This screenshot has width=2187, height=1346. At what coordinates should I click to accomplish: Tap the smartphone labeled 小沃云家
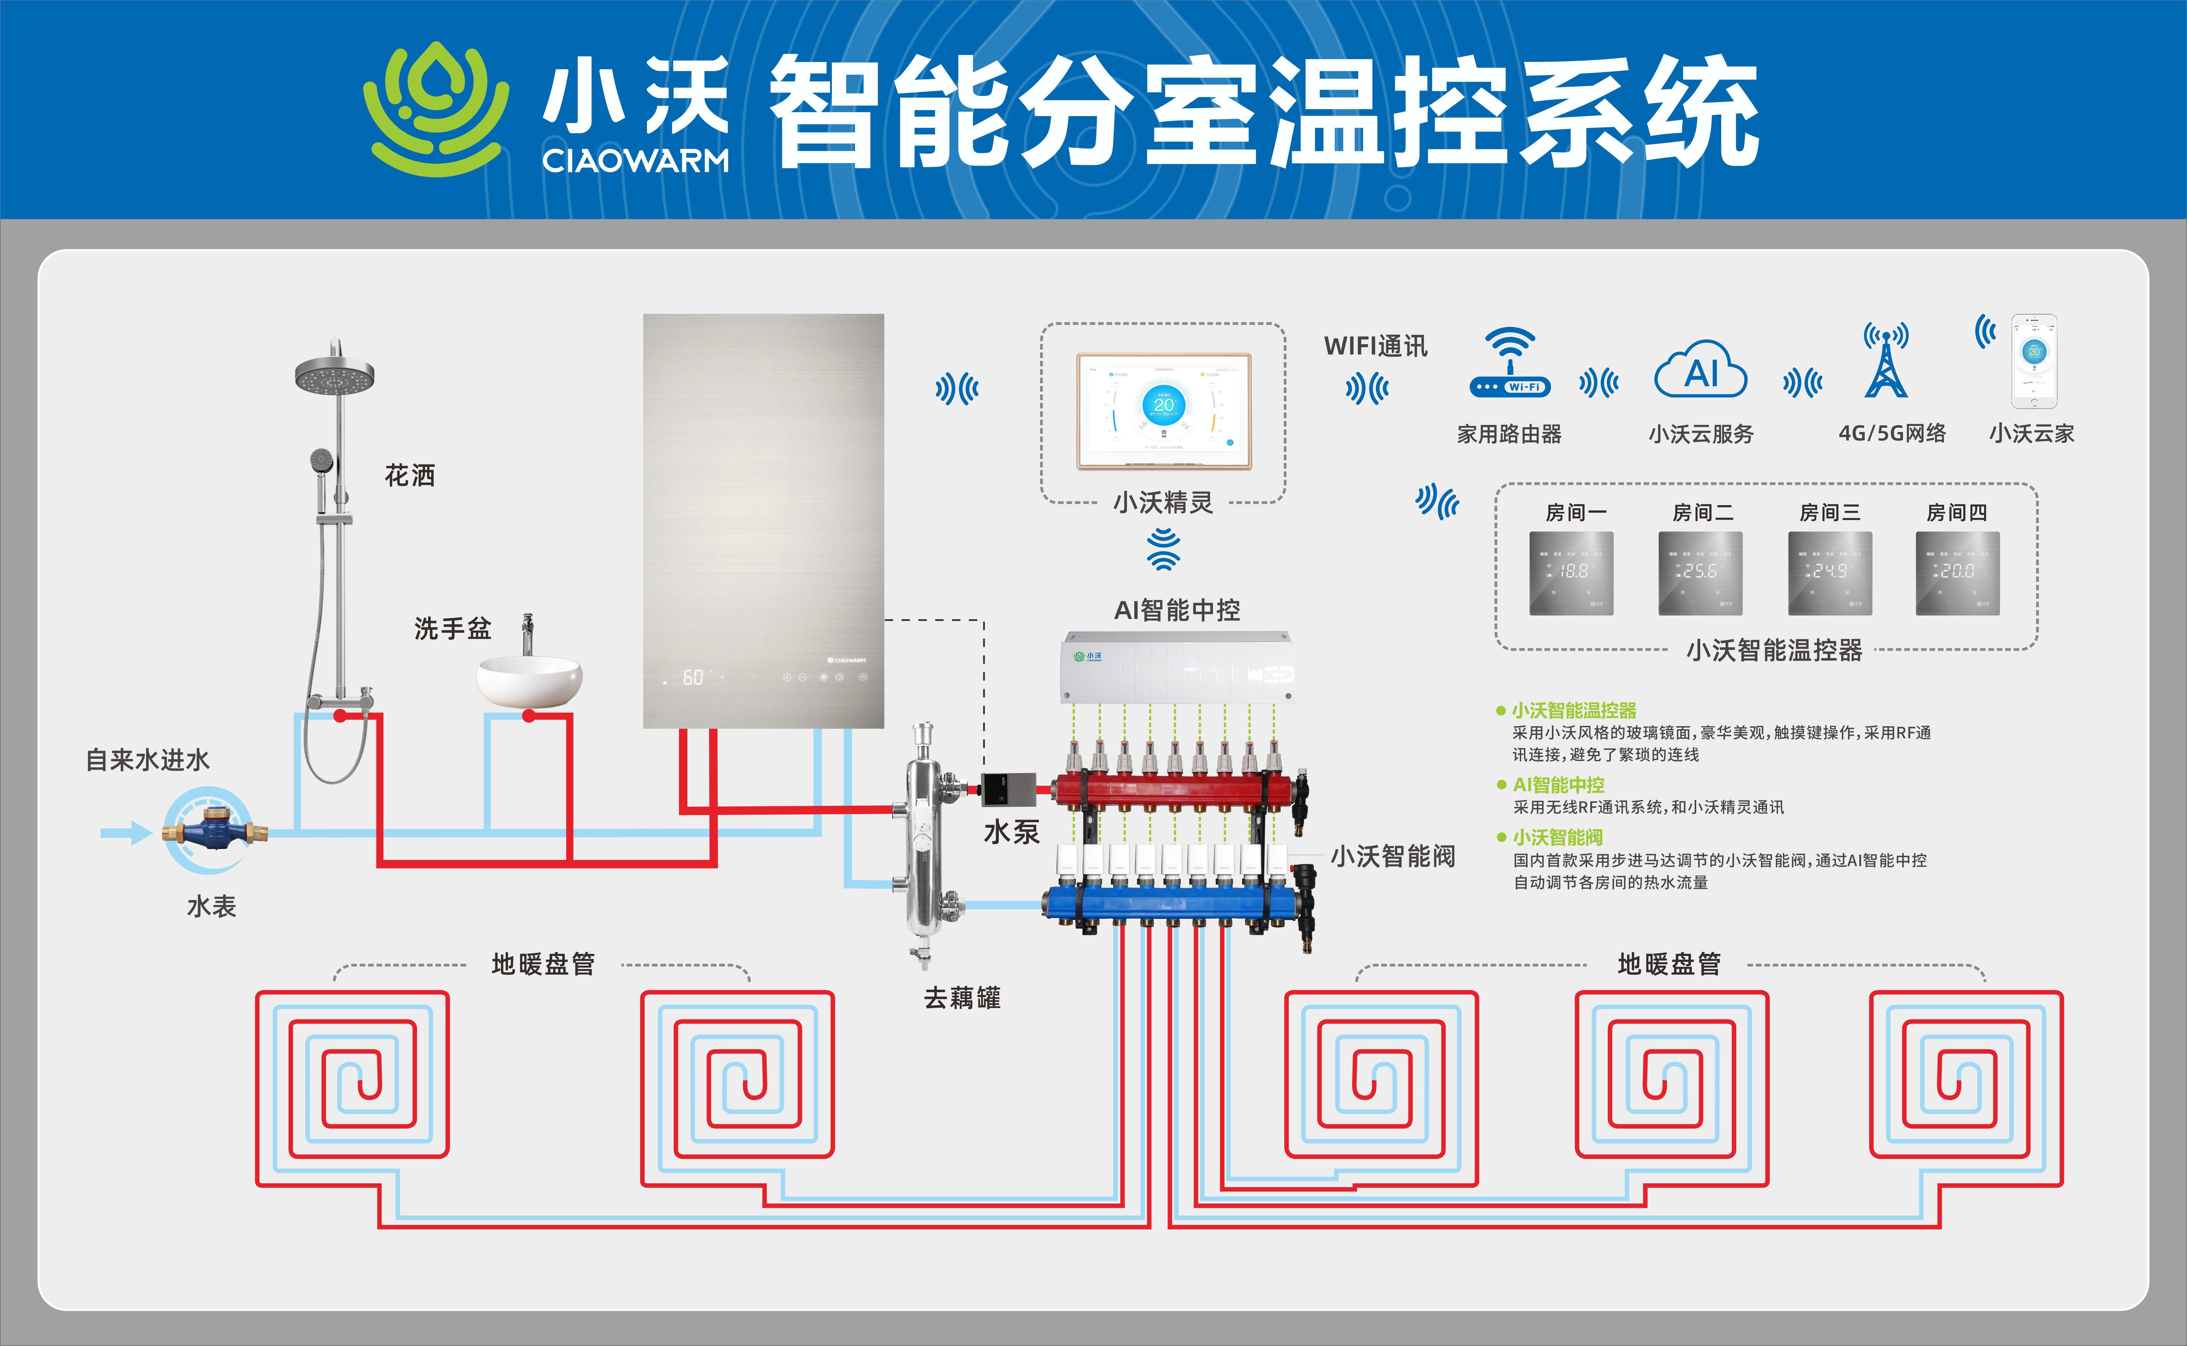pyautogui.click(x=2034, y=361)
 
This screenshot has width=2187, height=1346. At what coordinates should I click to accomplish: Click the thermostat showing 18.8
pyautogui.click(x=1571, y=573)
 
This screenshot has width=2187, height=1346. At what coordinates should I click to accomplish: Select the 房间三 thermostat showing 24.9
pyautogui.click(x=1830, y=573)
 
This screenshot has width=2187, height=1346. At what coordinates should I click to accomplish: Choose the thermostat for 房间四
pyautogui.click(x=1957, y=573)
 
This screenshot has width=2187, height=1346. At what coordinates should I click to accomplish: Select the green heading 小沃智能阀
pyautogui.click(x=1558, y=838)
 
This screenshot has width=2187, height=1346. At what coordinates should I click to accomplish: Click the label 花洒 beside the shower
pyautogui.click(x=409, y=475)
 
